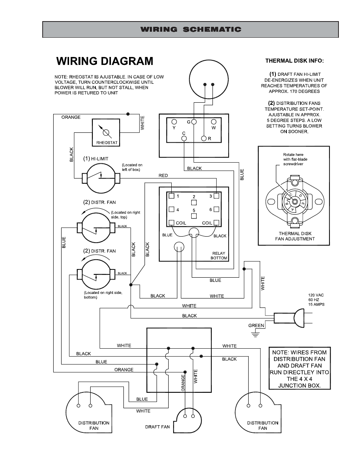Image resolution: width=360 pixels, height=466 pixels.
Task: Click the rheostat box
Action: click(106, 132)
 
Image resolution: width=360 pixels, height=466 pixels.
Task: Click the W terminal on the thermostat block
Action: click(214, 122)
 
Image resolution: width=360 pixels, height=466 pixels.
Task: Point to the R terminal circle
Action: click(204, 139)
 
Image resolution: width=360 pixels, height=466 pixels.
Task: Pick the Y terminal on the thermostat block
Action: click(174, 122)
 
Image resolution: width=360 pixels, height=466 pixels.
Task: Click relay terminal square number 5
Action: click(194, 216)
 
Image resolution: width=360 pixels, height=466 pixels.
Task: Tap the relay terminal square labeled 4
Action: click(172, 209)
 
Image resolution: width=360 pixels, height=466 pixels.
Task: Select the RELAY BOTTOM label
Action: click(219, 256)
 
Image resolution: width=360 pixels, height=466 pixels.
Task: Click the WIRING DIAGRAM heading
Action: click(105, 61)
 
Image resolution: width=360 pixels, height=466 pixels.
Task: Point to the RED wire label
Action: click(163, 175)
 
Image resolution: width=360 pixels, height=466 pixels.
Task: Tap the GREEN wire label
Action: click(256, 325)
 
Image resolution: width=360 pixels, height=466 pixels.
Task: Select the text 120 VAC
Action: click(316, 295)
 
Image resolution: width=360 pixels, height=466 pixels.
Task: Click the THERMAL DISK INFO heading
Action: click(294, 61)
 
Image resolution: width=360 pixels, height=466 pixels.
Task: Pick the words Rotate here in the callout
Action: click(293, 155)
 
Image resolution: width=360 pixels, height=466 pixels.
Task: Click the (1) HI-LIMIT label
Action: click(96, 159)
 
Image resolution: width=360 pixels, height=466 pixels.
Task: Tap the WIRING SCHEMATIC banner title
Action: click(191, 29)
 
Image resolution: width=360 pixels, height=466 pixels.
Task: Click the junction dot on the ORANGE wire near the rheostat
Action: click(128, 114)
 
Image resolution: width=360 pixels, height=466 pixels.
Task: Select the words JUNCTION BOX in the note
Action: click(299, 386)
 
